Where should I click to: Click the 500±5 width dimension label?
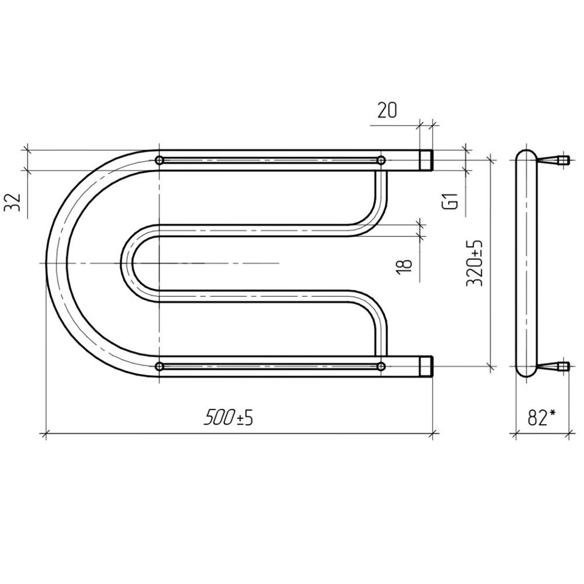(x=228, y=417)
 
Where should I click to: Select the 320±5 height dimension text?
(x=475, y=263)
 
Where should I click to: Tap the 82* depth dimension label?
(x=541, y=418)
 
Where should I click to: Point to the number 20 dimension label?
(x=387, y=110)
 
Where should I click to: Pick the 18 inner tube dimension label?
(x=404, y=267)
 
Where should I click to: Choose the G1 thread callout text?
(x=452, y=201)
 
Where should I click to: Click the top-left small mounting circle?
(x=159, y=161)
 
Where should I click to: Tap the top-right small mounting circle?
(x=381, y=161)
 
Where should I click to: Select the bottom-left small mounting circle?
(x=159, y=367)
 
